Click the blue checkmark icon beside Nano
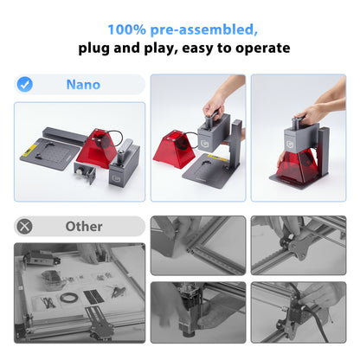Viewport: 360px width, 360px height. coord(26,85)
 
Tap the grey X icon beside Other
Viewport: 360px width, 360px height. coord(26,226)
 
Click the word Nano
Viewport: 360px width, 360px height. coord(83,85)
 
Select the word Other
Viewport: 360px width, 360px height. coord(84,226)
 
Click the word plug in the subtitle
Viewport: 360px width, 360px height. coord(97,48)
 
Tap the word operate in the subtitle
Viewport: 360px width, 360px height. coord(260,48)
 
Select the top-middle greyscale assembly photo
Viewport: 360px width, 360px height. coord(197,245)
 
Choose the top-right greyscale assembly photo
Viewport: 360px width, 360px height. coord(299,245)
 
